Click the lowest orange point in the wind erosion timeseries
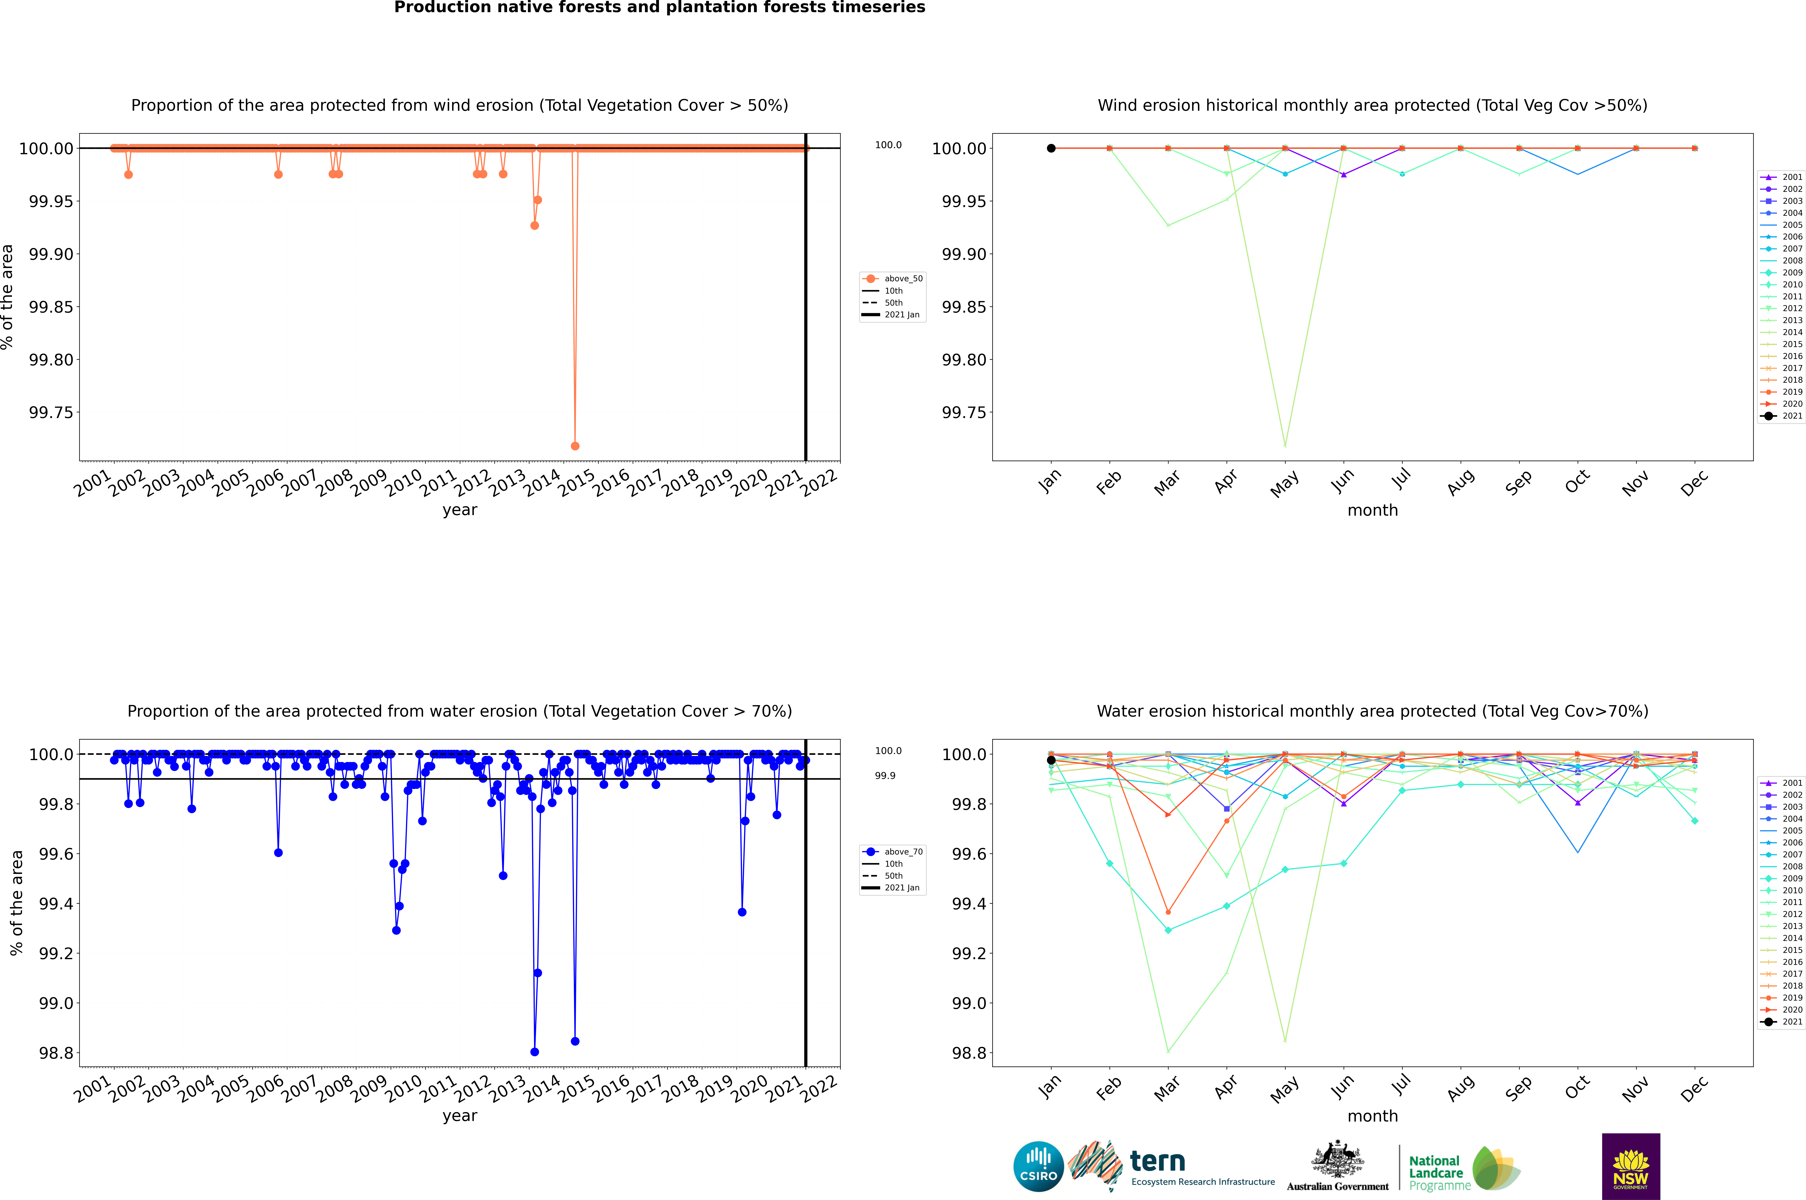(575, 445)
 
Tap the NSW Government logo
(1631, 1166)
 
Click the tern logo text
(1158, 1162)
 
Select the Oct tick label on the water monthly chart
(1577, 1088)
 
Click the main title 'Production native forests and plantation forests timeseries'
(659, 8)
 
